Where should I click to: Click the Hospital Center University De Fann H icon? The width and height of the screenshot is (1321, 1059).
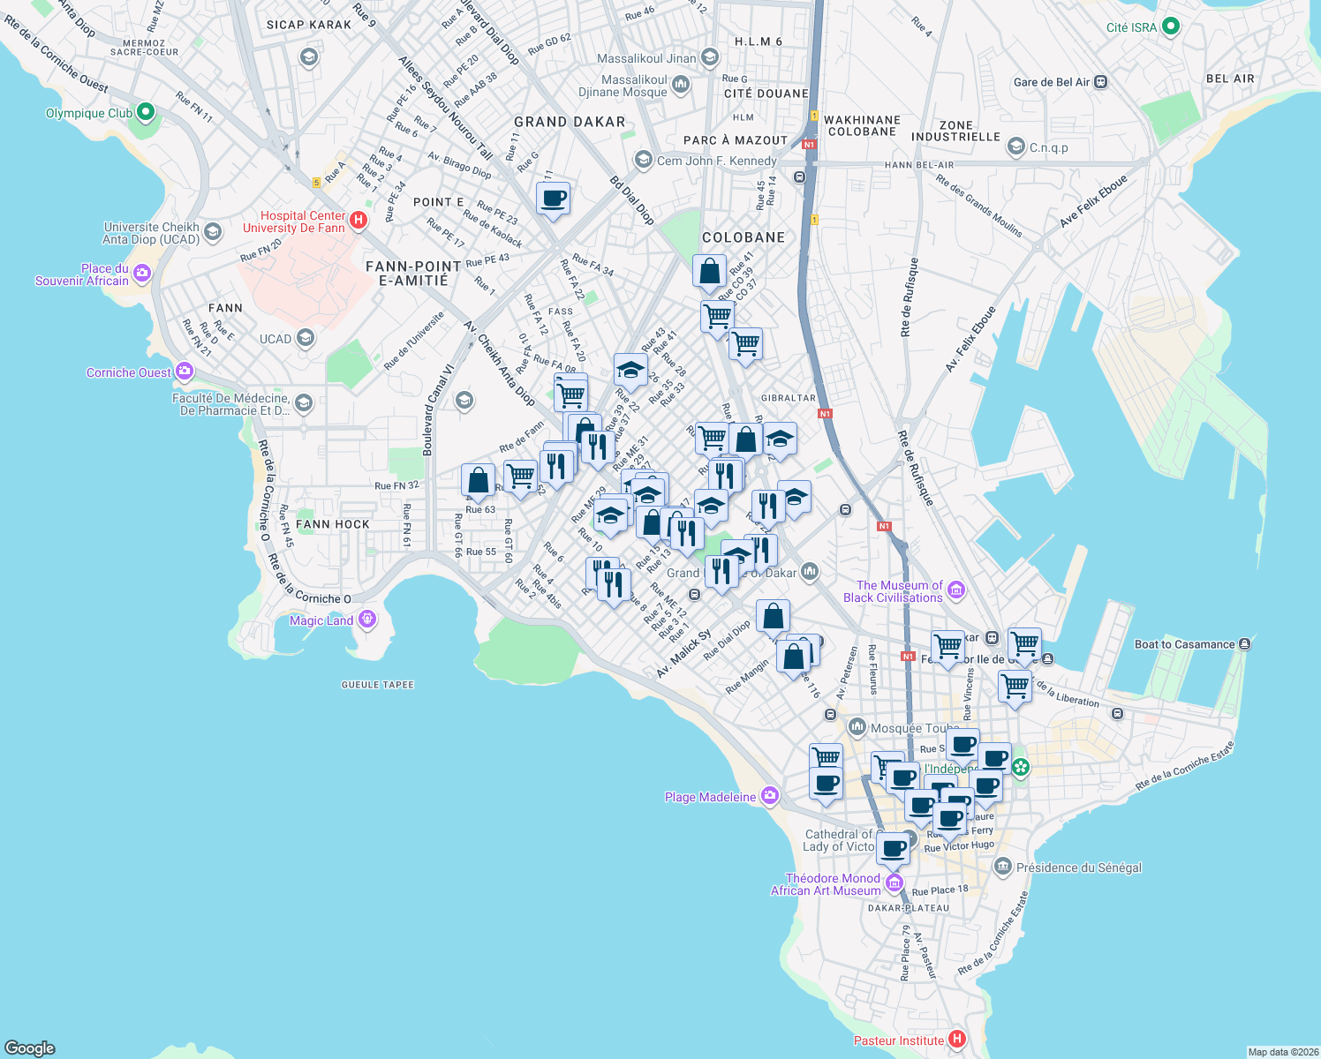(358, 221)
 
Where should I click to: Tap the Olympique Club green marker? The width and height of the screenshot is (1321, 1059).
(146, 113)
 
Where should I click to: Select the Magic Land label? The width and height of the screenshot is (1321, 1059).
(321, 620)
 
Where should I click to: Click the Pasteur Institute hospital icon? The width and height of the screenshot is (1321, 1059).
(955, 1039)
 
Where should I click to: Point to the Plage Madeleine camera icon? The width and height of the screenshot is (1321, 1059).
(770, 796)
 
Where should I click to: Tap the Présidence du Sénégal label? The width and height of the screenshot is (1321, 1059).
(1078, 867)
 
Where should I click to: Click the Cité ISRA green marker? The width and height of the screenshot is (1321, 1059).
(1171, 26)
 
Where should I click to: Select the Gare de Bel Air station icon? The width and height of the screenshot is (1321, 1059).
(1100, 82)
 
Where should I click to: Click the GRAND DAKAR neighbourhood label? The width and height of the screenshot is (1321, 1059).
(570, 122)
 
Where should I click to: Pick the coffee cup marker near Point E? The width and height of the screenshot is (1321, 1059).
(553, 198)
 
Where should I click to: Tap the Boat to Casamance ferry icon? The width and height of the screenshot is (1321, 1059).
(1244, 644)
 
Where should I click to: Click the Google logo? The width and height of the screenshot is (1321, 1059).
(29, 1048)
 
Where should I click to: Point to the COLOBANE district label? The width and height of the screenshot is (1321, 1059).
(744, 237)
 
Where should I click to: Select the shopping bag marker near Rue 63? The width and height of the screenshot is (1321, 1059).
(478, 481)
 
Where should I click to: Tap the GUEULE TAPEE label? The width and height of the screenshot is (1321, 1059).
(378, 685)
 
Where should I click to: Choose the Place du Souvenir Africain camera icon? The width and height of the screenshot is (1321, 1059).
(142, 274)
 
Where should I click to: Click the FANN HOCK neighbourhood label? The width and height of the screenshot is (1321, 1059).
(333, 524)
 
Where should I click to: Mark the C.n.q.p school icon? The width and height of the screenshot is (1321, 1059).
(1016, 146)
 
